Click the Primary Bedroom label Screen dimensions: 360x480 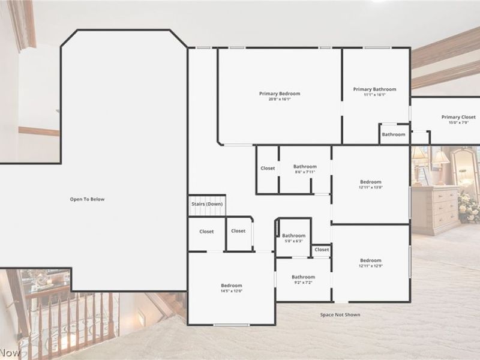(280, 94)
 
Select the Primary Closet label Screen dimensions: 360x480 (458, 117)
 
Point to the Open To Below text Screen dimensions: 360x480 (87, 199)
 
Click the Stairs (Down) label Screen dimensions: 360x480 (207, 204)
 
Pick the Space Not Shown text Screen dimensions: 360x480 (340, 314)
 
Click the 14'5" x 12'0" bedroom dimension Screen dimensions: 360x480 (232, 291)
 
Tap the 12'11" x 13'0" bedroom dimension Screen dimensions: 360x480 (371, 187)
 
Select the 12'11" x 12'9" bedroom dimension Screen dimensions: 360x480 (371, 266)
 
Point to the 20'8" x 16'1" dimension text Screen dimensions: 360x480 (280, 100)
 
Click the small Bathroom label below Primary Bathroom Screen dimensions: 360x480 (394, 134)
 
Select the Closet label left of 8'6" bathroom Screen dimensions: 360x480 (268, 168)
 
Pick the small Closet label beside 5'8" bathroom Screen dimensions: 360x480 (322, 250)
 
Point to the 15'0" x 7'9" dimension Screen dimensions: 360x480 (458, 123)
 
